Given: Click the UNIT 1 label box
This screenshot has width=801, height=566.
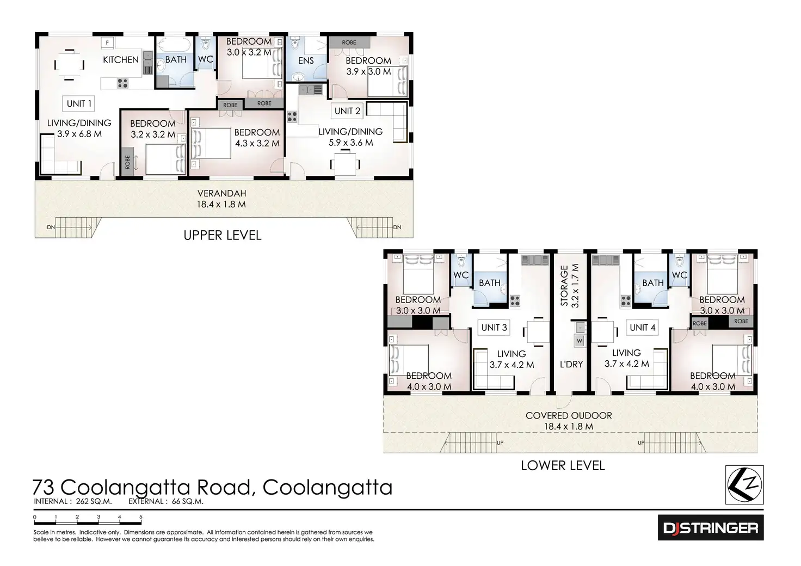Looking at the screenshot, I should coord(79,103).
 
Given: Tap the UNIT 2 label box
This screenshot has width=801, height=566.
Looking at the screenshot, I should coord(347,111).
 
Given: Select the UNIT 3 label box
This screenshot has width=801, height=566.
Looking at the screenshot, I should coord(494,327).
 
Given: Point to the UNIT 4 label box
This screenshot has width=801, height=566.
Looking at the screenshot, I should coord(642,327).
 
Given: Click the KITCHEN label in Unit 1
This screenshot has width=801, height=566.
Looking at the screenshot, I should coord(121,60).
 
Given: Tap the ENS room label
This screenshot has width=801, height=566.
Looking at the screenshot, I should coord(306,60).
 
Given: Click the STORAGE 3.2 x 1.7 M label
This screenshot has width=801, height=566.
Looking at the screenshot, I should coord(570,285).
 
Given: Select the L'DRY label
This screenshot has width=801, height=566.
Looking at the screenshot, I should coord(571,364).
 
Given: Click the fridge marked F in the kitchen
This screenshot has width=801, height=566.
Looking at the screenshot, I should coord(107,42).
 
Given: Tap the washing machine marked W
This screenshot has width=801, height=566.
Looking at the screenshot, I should coord(580,341).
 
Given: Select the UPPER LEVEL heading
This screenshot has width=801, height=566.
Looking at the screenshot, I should coord(222,236).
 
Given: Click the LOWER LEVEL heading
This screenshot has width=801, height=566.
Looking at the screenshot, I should coord(563,466).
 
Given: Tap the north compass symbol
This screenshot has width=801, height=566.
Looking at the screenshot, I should coord(745,484).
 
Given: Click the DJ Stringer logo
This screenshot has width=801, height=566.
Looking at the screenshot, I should coord(710,527).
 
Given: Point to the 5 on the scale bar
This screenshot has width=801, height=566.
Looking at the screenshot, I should coord(140,518).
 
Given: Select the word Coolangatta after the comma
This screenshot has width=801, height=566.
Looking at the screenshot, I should coord(327,487).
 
